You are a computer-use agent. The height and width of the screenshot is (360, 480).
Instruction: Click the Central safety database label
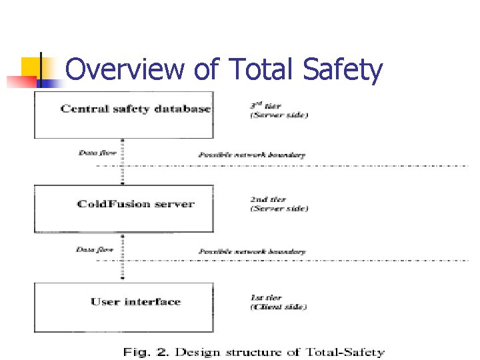[136, 109]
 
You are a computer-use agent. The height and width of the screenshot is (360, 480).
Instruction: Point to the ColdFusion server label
[136, 203]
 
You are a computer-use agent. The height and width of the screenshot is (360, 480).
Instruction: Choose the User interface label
[136, 302]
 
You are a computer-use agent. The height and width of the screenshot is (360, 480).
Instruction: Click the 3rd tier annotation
[265, 106]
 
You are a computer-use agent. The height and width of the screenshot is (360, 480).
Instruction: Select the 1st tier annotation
[266, 297]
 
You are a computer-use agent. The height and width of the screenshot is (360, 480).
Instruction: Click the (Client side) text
[279, 307]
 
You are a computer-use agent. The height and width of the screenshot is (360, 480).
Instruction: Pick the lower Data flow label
[95, 249]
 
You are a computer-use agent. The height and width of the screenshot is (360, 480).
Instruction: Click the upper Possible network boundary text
[252, 155]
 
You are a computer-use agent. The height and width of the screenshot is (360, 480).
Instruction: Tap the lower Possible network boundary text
[252, 252]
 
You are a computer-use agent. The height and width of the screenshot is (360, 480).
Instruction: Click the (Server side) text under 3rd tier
[279, 116]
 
